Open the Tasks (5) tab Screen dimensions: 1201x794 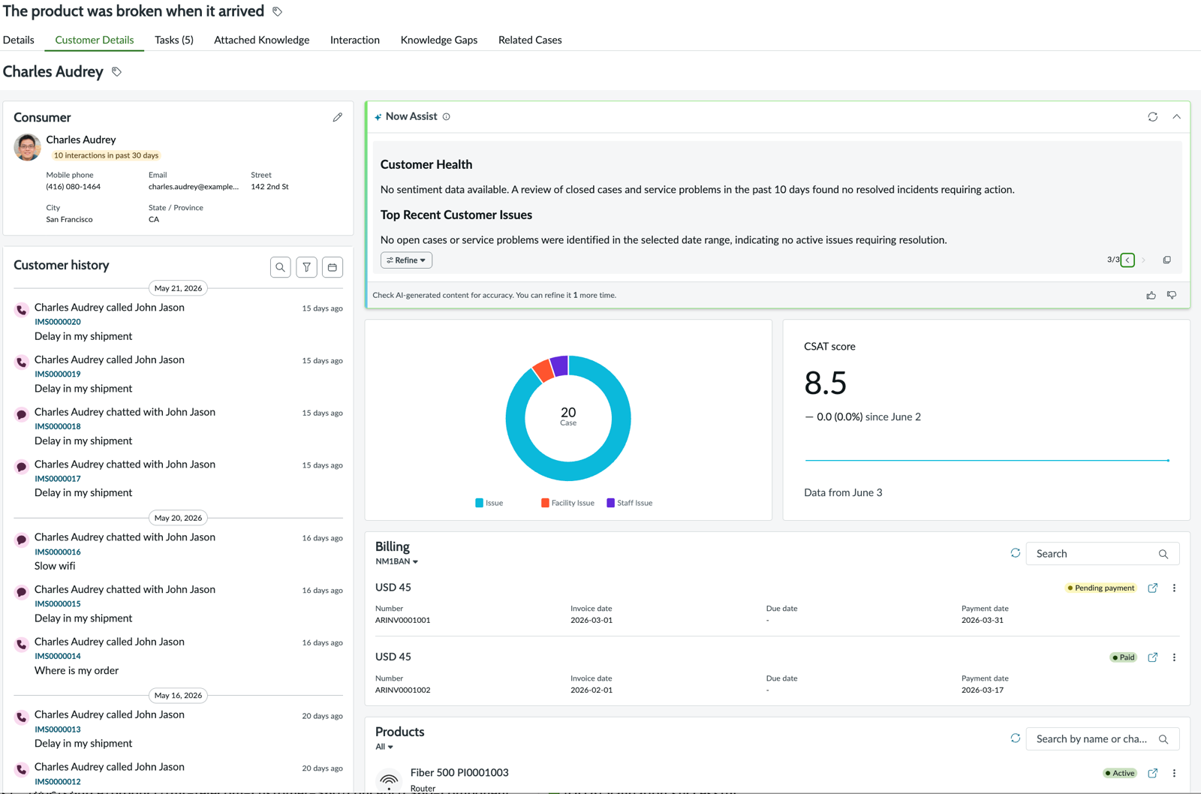(173, 40)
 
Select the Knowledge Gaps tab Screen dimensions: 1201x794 (438, 40)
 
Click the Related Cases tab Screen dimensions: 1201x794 (530, 40)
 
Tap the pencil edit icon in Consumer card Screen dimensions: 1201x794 (337, 117)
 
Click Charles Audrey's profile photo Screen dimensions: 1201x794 (27, 147)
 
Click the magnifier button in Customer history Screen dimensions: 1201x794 (281, 267)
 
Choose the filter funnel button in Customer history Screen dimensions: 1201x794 (307, 267)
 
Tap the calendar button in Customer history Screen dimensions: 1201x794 (333, 267)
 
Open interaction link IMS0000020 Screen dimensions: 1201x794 (57, 322)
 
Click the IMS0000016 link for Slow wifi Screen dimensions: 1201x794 (57, 552)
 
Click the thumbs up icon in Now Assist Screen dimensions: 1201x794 (1151, 296)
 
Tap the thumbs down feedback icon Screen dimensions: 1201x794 (1172, 296)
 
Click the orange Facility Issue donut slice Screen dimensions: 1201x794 (543, 371)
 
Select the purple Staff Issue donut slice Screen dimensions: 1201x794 (560, 366)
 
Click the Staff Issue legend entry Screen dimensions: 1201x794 (630, 503)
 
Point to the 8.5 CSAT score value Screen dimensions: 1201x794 (825, 383)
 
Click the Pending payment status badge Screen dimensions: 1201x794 (1100, 588)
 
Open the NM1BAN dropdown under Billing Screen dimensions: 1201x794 (396, 561)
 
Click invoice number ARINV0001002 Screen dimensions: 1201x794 (402, 690)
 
